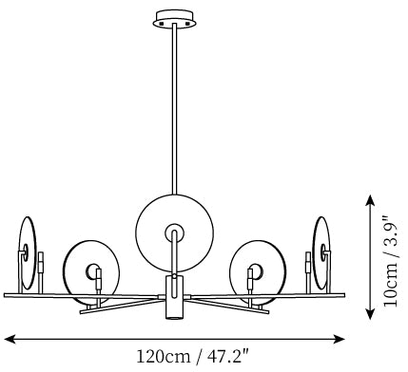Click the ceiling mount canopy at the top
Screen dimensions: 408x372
(174, 19)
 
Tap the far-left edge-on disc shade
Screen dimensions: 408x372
(28, 253)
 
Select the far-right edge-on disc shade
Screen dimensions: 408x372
(321, 253)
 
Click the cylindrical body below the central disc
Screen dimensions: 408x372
(175, 297)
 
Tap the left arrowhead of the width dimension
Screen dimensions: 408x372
(10, 340)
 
